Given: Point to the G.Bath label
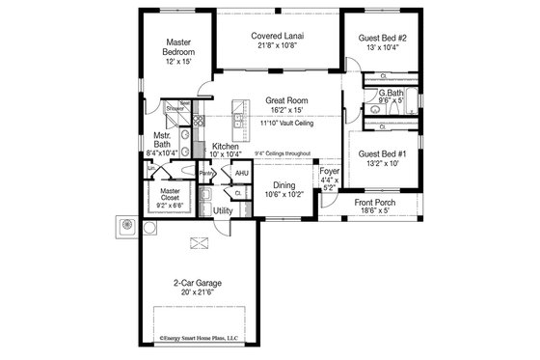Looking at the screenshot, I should point(390,93).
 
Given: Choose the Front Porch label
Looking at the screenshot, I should point(376,203).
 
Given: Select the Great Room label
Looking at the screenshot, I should point(286,99).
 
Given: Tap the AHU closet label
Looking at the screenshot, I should point(242,174).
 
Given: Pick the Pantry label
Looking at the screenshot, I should point(206,174).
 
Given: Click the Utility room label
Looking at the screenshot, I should point(223,209).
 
